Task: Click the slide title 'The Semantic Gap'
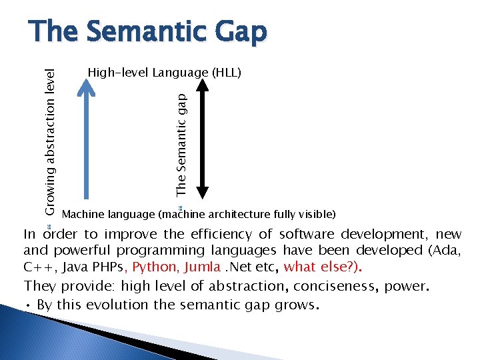(147, 32)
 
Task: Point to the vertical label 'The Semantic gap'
(181, 143)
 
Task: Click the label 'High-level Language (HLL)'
(165, 71)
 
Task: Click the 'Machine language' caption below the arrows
(198, 215)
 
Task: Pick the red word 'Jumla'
(204, 267)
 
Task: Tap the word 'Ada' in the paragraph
(446, 251)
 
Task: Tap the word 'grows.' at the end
(299, 305)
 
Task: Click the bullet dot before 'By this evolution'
(27, 305)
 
